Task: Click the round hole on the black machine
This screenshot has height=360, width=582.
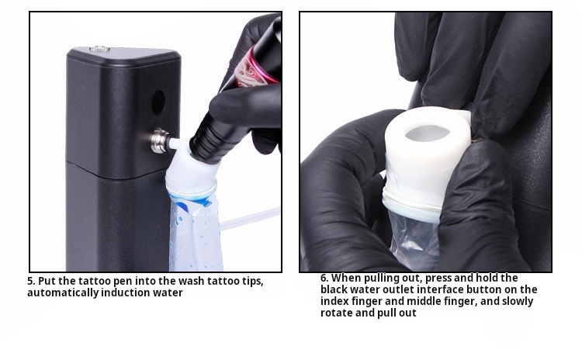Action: [158, 102]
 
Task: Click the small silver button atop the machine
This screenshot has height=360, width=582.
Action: [99, 48]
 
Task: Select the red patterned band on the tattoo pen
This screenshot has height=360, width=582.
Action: [256, 67]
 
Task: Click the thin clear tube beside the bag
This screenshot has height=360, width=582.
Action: [249, 218]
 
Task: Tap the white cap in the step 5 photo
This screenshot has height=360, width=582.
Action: [190, 171]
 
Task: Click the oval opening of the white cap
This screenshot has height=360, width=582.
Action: [428, 133]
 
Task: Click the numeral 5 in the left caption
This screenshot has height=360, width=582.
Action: [31, 281]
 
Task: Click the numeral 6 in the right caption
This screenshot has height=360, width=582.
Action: [324, 278]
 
